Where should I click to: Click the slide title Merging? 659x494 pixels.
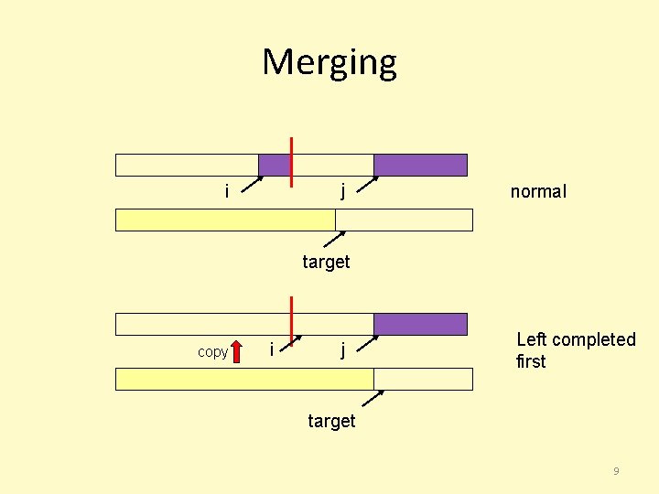coord(329,63)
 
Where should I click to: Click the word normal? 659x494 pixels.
coord(538,191)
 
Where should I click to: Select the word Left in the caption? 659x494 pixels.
coord(532,339)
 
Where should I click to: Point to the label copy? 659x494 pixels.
coord(212,352)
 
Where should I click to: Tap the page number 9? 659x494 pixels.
coord(616,470)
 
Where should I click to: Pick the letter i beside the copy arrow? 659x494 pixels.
coord(271,349)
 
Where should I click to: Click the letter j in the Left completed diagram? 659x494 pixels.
coord(342,349)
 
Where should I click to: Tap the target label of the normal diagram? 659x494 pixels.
coord(326,263)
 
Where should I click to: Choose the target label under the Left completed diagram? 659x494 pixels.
coord(331,421)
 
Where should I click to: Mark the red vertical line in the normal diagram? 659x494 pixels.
coord(291,162)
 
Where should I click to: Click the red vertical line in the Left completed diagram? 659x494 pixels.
coord(291,317)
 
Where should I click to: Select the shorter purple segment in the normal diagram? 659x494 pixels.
coord(274,165)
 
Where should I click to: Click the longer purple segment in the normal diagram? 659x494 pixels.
coord(420,165)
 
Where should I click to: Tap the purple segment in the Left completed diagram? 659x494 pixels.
coord(420,324)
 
